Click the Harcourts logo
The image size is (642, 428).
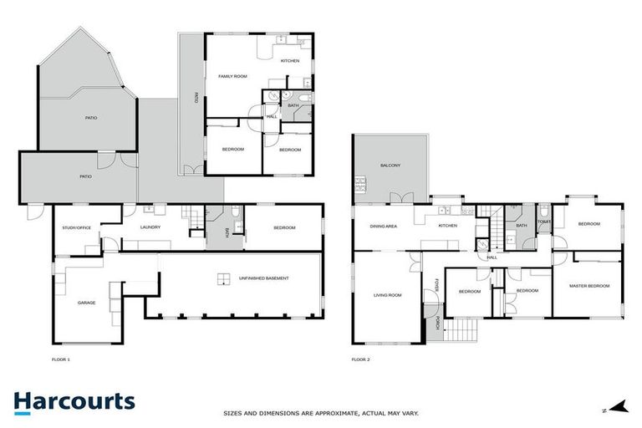click(x=74, y=402)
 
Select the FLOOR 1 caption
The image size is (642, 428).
click(x=61, y=359)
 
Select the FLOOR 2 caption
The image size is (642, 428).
click(x=360, y=359)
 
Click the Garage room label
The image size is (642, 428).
click(x=85, y=302)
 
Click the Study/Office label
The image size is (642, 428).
click(x=76, y=227)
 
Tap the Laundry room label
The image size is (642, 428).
click(x=150, y=227)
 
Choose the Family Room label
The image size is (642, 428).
click(x=232, y=76)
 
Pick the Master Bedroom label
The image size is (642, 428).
click(x=589, y=286)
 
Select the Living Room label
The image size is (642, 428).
click(x=387, y=295)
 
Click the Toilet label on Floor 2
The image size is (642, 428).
click(x=544, y=222)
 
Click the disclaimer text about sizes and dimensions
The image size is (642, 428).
click(x=320, y=412)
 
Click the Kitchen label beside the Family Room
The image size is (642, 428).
click(x=290, y=61)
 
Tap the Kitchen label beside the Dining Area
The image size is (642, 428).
click(x=448, y=226)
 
